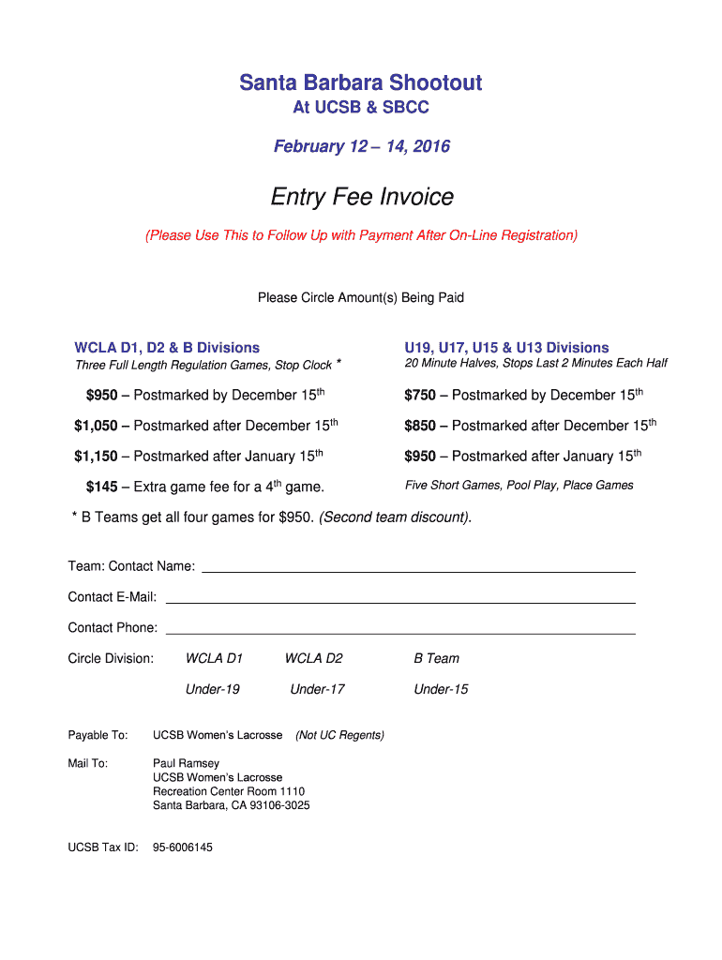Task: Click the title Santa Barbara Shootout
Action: tap(361, 82)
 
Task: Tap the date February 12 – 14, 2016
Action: tap(361, 146)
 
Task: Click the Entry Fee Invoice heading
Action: tap(362, 197)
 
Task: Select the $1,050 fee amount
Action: tap(96, 426)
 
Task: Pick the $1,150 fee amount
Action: tap(96, 457)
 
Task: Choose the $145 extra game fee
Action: tap(101, 487)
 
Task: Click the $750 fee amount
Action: tap(420, 396)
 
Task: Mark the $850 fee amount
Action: tap(420, 426)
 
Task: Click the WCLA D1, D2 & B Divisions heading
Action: tap(167, 348)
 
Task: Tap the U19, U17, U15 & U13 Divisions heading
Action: tap(506, 348)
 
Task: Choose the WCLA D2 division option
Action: tap(313, 658)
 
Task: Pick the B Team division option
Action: tap(437, 658)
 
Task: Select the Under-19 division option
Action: tap(213, 689)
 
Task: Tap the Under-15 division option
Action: tap(441, 689)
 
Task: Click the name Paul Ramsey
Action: tap(186, 763)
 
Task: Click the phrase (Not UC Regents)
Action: tap(339, 735)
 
